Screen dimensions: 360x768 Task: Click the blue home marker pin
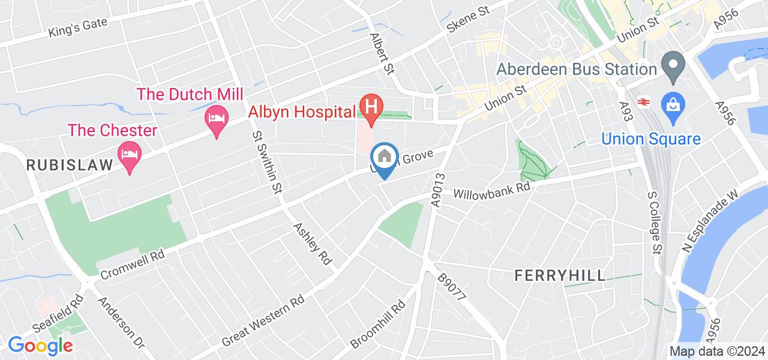click(383, 158)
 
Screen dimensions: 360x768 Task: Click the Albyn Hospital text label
click(302, 112)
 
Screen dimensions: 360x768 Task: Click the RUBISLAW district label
click(70, 166)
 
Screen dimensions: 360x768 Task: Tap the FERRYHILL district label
click(560, 275)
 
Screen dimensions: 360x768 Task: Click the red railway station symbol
click(644, 102)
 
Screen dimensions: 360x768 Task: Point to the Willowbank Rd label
click(492, 191)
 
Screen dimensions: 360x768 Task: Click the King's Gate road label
click(79, 27)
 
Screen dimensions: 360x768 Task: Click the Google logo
click(40, 346)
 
